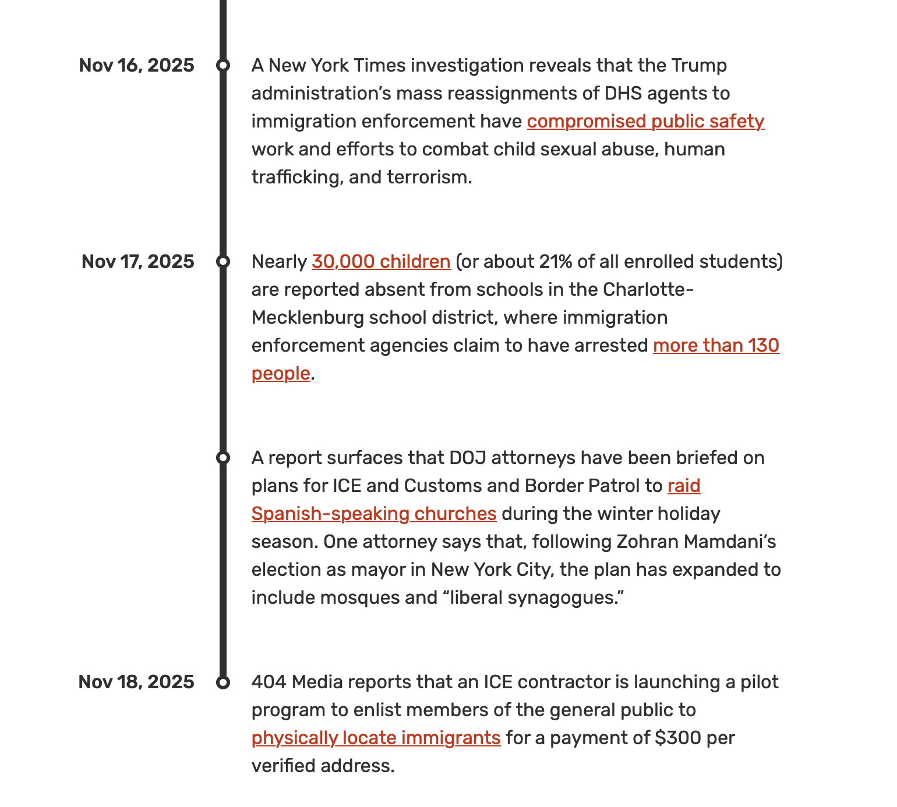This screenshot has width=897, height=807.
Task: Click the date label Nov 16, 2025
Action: coord(136,65)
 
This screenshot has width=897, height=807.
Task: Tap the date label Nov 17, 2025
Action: coord(137,261)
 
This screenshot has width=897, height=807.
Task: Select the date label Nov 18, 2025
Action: coord(136,682)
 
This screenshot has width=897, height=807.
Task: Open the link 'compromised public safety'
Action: coord(645,121)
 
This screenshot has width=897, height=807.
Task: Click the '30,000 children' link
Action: coord(381,261)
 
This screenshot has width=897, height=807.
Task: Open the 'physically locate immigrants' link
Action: coord(376,738)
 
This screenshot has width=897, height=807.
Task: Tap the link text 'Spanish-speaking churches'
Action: coord(374,514)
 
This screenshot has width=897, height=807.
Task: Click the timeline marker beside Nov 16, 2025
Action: coord(223,65)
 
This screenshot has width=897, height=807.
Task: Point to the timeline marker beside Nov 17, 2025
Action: coord(223,261)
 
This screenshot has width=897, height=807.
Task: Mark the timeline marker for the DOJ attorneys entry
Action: coord(223,458)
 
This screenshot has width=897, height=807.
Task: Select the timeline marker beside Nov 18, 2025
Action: coord(223,682)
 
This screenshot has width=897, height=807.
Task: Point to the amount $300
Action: coord(678,738)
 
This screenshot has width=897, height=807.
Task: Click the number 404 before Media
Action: coord(269,682)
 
